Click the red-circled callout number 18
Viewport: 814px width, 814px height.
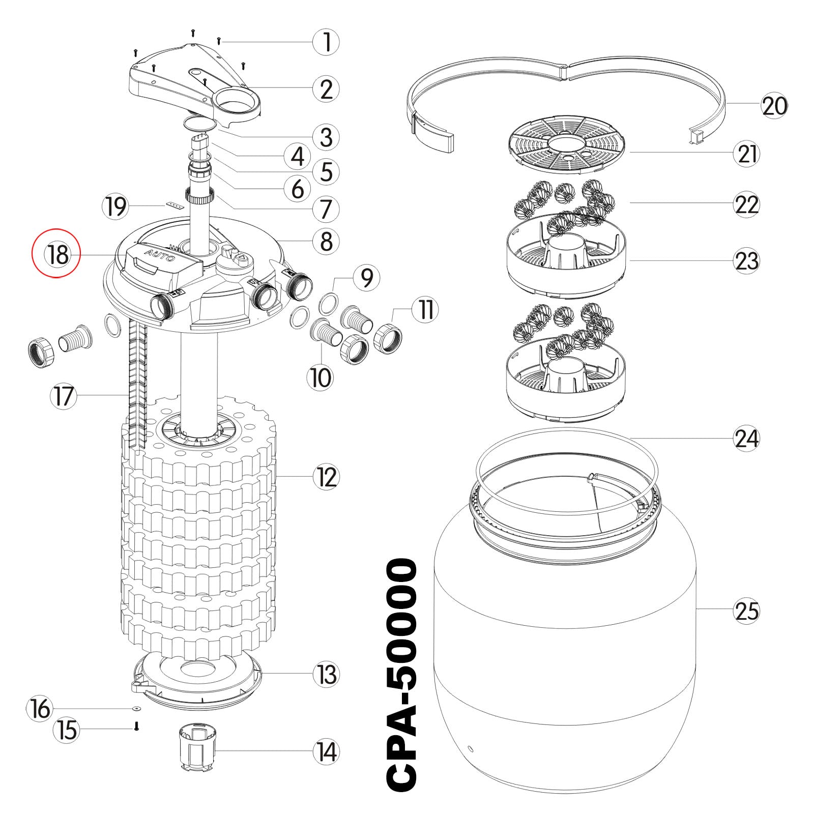pyautogui.click(x=56, y=253)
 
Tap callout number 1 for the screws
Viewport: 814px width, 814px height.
pyautogui.click(x=326, y=42)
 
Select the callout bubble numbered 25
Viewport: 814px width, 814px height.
pyautogui.click(x=746, y=611)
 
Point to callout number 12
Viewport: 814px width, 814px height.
pyautogui.click(x=326, y=477)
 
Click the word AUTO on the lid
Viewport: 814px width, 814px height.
pyautogui.click(x=159, y=255)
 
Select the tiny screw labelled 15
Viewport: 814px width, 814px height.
pyautogui.click(x=136, y=728)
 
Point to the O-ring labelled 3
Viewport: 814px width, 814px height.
pyautogui.click(x=200, y=124)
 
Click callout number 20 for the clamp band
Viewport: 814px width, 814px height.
pyautogui.click(x=774, y=106)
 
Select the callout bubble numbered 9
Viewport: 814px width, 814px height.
pyautogui.click(x=367, y=278)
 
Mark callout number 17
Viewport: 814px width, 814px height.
pyautogui.click(x=64, y=396)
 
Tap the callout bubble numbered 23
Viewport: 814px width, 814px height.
pyautogui.click(x=746, y=261)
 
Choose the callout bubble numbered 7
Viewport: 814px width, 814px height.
pyautogui.click(x=326, y=209)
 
